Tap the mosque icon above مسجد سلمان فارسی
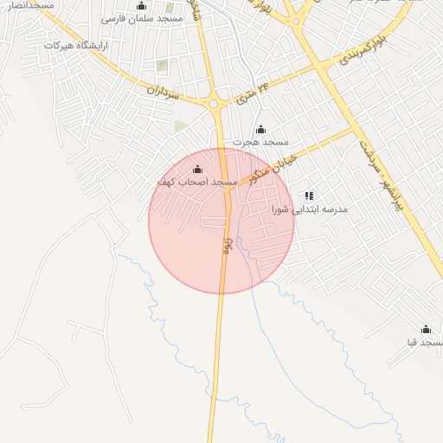tap(141, 5)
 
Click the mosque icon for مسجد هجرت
tap(261, 129)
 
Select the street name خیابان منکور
tap(273, 164)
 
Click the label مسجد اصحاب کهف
tap(197, 183)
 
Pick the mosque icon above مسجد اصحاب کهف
tap(197, 169)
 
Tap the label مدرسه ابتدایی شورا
tap(309, 209)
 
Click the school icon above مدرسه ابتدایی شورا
tap(310, 196)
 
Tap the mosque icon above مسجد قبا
tap(426, 330)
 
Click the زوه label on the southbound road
tap(227, 245)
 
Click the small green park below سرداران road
tap(180, 126)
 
